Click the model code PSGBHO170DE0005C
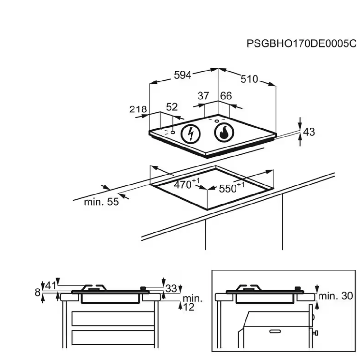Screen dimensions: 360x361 pyautogui.click(x=301, y=44)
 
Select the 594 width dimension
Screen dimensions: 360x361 pyautogui.click(x=183, y=75)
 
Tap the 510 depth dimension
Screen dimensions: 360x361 pyautogui.click(x=249, y=79)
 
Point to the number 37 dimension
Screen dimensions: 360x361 pyautogui.click(x=203, y=96)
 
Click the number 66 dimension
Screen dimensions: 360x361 pyautogui.click(x=226, y=96)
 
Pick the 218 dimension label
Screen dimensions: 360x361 pyautogui.click(x=138, y=109)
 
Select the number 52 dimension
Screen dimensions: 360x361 pyautogui.click(x=172, y=107)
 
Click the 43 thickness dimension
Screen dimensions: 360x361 pyautogui.click(x=309, y=132)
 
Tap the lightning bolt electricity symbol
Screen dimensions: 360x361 pyautogui.click(x=191, y=133)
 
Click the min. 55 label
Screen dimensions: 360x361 pyautogui.click(x=101, y=202)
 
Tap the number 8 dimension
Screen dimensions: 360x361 pyautogui.click(x=38, y=292)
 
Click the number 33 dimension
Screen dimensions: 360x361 pyautogui.click(x=171, y=289)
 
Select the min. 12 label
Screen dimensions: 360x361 pyautogui.click(x=192, y=303)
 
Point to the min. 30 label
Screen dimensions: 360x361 pyautogui.click(x=335, y=296)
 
